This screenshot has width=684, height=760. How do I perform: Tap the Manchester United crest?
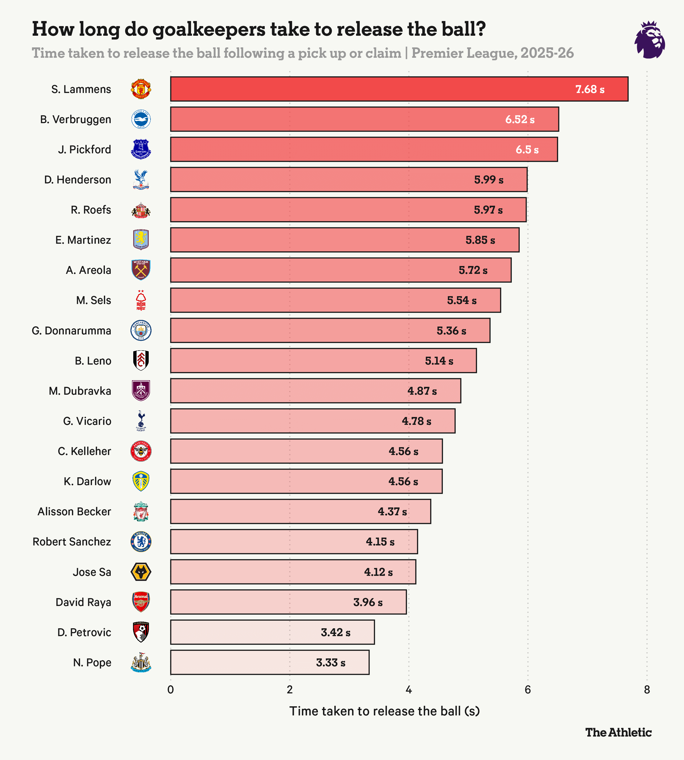click(141, 89)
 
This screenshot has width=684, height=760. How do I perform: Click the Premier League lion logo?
click(650, 40)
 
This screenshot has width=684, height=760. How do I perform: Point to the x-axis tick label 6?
click(528, 690)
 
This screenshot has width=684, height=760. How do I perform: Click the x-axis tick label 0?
click(171, 690)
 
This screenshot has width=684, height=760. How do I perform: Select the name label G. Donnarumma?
click(71, 331)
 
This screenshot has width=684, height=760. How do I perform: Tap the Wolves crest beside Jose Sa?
click(141, 572)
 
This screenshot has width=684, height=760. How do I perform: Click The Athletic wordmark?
click(618, 732)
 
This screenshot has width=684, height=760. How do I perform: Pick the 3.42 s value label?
click(335, 633)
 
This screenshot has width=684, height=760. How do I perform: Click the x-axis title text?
click(385, 711)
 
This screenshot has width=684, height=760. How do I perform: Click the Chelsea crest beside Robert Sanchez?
click(141, 542)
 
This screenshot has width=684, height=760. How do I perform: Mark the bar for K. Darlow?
click(306, 482)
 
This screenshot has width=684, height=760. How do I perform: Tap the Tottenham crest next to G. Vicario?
click(141, 421)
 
